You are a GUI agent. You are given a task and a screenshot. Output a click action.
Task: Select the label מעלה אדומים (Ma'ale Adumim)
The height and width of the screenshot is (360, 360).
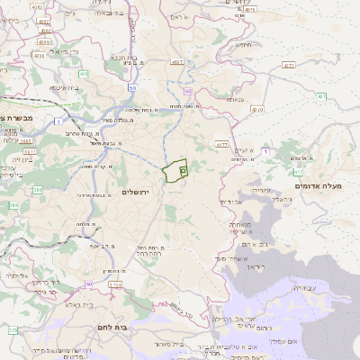coord(319,185)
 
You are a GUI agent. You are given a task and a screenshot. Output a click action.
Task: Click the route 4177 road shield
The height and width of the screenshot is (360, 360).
coord(221,143)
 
